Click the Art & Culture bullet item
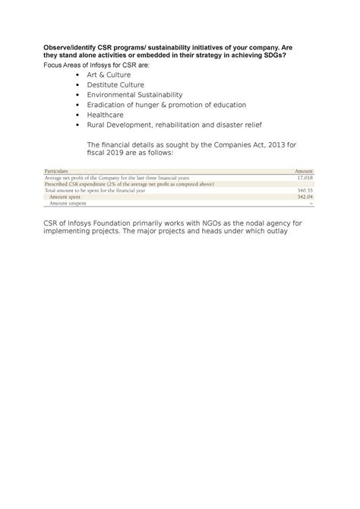(109, 76)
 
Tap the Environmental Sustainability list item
(135, 95)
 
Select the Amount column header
(304, 172)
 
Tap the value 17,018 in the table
(305, 178)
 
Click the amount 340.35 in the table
(305, 191)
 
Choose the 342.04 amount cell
(305, 197)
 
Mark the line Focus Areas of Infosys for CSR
(96, 65)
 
